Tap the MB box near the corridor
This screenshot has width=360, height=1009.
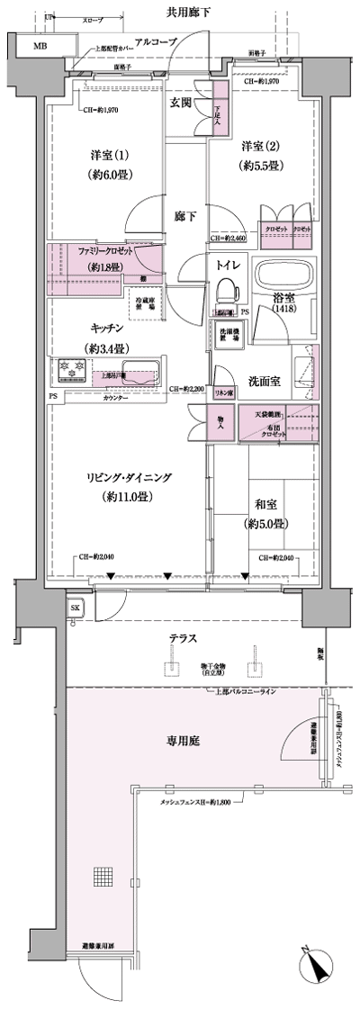click(x=40, y=46)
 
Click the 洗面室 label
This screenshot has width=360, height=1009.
click(x=264, y=381)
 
